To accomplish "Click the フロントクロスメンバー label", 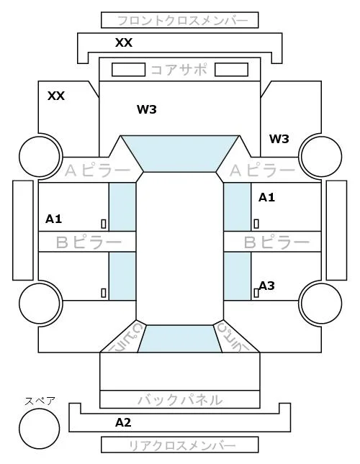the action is click(x=182, y=21).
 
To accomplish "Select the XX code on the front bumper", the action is click(x=124, y=42).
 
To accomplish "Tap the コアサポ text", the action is click(x=179, y=70).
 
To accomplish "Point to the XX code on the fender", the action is click(x=56, y=96).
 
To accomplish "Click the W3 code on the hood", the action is click(x=147, y=109).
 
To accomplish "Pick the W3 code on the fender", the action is click(x=279, y=139).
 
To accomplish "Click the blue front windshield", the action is click(x=180, y=153).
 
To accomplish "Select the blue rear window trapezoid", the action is click(x=180, y=339).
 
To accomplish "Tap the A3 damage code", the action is click(x=266, y=286).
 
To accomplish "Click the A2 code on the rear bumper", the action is click(x=123, y=422).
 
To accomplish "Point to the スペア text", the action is click(x=40, y=401).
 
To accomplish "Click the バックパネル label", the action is click(x=180, y=400).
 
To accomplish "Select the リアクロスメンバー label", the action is click(x=182, y=445).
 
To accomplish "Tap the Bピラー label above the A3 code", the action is click(x=276, y=242).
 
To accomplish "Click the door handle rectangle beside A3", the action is click(x=256, y=293).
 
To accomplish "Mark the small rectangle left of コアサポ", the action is click(x=128, y=70).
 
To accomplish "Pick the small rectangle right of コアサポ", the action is click(x=231, y=70).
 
